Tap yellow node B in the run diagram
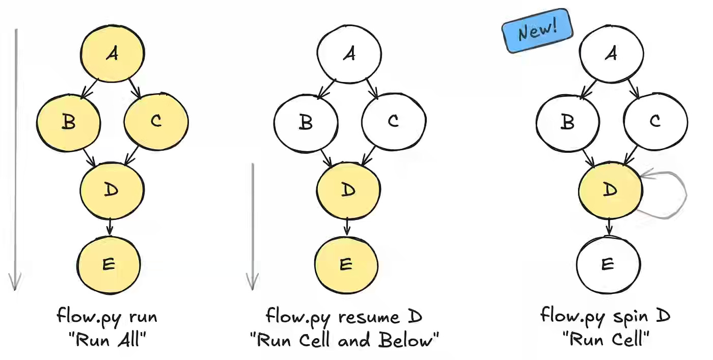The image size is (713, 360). tap(68, 121)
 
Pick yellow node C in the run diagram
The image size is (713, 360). tap(156, 121)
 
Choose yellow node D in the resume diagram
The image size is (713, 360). tap(347, 189)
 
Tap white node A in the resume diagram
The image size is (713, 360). tap(349, 53)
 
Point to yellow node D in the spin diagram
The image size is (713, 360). tap(610, 189)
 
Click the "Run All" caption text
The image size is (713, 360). tap(107, 340)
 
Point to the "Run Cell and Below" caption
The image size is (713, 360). tap(344, 340)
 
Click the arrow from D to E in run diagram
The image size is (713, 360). tap(110, 227)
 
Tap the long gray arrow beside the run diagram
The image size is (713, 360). tap(15, 158)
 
